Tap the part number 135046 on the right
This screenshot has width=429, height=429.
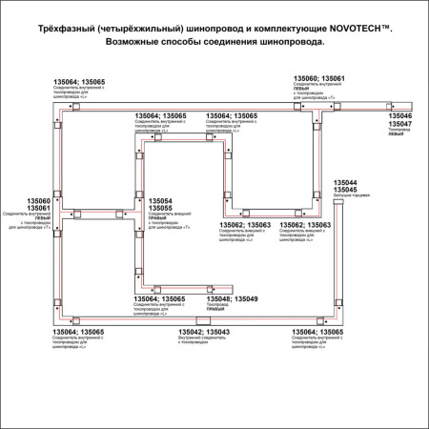click(x=399, y=115)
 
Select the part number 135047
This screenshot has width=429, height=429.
click(x=399, y=125)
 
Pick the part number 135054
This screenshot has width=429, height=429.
click(x=160, y=201)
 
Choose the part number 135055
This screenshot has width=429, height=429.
click(x=160, y=209)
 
